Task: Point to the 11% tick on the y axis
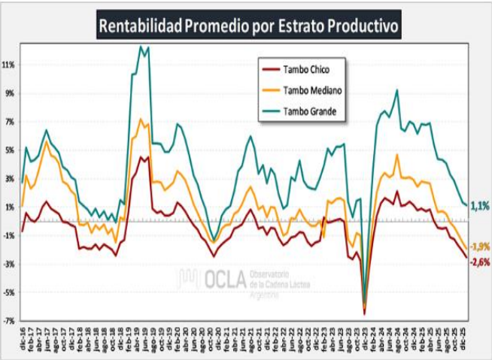[9, 65]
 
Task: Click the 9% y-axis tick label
[11, 95]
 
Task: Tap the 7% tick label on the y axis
[11, 122]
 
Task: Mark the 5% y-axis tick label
[11, 150]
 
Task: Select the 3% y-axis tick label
[11, 179]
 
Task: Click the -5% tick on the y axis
[9, 292]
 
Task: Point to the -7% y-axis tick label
[9, 320]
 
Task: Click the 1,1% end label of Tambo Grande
[479, 205]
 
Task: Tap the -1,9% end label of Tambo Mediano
[479, 247]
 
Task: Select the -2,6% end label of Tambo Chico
[479, 262]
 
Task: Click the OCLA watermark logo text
[223, 280]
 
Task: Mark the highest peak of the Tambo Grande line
[141, 47]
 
